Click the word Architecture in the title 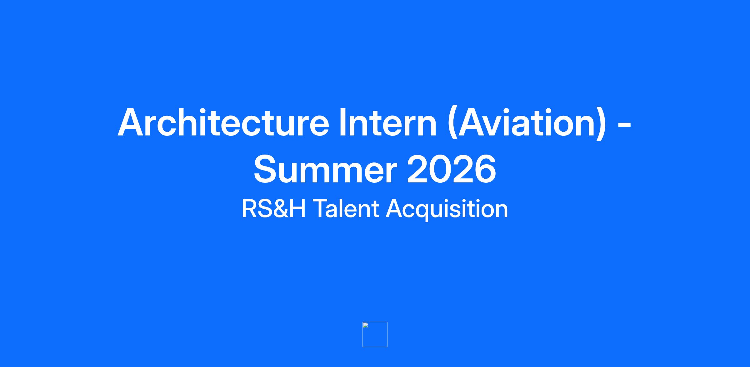(x=223, y=122)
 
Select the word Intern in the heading (x=388, y=122)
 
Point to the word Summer (x=325, y=169)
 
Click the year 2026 (x=451, y=169)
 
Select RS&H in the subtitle (x=273, y=209)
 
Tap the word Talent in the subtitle (x=346, y=209)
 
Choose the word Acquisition (x=447, y=210)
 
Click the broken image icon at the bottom (x=375, y=334)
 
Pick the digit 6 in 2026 (x=485, y=169)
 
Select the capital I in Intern (x=342, y=122)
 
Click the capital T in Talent (x=321, y=209)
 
